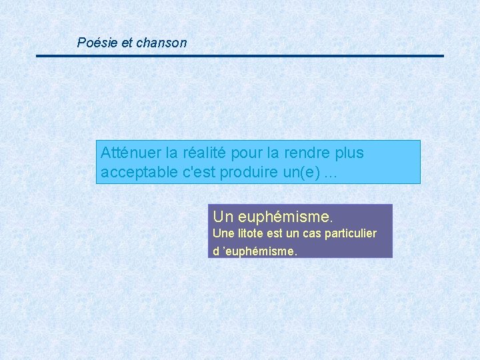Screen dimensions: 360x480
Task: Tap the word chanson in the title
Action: (x=161, y=43)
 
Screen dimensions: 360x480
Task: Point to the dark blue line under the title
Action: (x=240, y=56)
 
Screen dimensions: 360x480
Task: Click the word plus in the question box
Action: (x=350, y=153)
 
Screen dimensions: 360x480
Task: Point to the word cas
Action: (x=312, y=234)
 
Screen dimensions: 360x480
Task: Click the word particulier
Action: (x=351, y=234)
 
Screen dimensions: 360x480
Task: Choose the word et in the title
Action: (x=127, y=43)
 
